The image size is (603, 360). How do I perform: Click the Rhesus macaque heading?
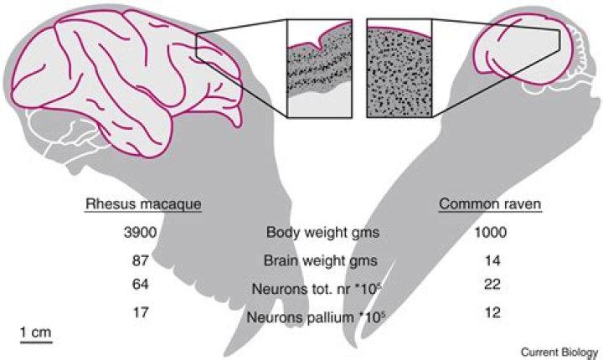click(143, 203)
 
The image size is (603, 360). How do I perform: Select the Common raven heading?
click(490, 203)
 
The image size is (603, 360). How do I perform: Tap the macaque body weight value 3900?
click(140, 232)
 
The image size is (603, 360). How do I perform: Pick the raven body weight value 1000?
click(490, 232)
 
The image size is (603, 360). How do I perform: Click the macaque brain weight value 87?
click(140, 260)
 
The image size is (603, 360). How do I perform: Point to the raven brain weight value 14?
click(492, 260)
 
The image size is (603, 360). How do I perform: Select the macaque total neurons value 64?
click(140, 284)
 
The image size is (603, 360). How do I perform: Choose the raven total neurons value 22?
click(492, 284)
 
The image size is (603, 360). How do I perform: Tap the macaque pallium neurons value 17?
click(140, 312)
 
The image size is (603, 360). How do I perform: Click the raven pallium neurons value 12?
click(492, 312)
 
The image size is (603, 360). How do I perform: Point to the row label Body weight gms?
click(322, 233)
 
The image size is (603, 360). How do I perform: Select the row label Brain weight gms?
click(320, 261)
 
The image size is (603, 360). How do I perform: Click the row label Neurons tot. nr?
click(301, 289)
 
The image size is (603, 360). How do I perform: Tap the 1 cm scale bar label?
click(36, 332)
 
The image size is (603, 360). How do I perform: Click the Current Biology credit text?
click(559, 352)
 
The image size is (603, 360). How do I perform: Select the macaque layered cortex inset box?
click(319, 68)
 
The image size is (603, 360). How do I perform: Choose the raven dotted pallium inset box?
click(399, 68)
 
